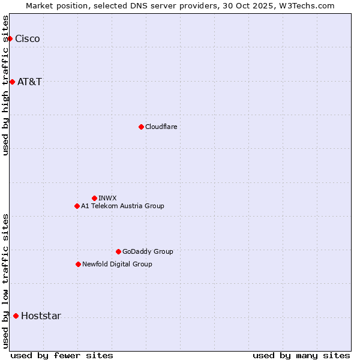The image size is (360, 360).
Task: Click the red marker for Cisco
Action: click(x=10, y=39)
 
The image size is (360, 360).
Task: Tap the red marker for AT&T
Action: click(x=12, y=82)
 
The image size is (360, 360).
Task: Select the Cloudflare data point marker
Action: click(x=141, y=127)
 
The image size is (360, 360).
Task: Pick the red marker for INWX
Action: click(x=94, y=198)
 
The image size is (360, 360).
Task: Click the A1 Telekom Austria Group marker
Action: click(x=77, y=206)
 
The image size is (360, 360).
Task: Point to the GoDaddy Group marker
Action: click(x=118, y=251)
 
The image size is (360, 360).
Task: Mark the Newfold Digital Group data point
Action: click(x=78, y=264)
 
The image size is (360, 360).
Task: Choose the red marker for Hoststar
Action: click(x=16, y=316)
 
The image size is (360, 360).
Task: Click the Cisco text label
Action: click(x=28, y=39)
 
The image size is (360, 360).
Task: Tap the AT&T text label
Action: click(x=30, y=82)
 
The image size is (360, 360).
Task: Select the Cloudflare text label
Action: click(x=161, y=127)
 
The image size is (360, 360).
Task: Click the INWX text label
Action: click(x=107, y=198)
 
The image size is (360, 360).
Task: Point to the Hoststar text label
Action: click(x=41, y=316)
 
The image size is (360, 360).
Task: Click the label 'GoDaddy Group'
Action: click(x=148, y=251)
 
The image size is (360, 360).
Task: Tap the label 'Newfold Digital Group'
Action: click(x=117, y=264)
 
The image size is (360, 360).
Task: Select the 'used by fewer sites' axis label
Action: click(x=62, y=355)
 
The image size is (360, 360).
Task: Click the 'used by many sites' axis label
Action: click(x=301, y=355)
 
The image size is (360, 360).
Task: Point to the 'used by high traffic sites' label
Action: click(x=6, y=85)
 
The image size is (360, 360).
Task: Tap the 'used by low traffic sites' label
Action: click(x=6, y=281)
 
